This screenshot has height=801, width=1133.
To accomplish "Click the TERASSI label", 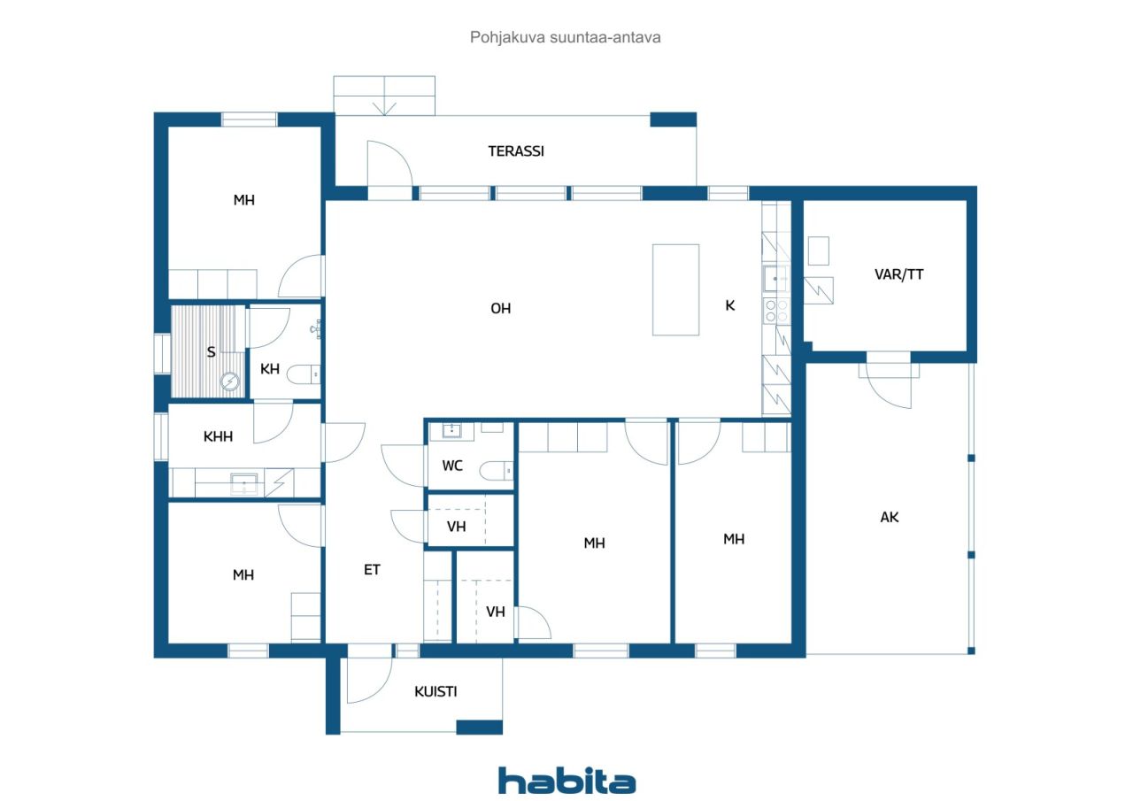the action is pos(516,151).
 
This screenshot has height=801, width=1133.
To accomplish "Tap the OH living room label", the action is pos(501,309).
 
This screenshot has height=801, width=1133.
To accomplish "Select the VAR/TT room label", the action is pos(898,274).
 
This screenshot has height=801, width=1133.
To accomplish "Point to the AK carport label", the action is pos(890,517).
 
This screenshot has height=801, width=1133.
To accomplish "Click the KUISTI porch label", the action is pos(435,691).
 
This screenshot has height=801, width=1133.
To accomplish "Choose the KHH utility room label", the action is pos(218,436).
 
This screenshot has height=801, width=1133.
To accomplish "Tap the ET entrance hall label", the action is pos(372,570).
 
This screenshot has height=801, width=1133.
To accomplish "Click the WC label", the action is pos(452,466).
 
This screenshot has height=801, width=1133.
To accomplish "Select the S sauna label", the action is pos(211,352).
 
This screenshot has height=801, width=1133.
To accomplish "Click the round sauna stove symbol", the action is pos(230,381).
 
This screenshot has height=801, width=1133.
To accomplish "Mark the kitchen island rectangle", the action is pos(675,289).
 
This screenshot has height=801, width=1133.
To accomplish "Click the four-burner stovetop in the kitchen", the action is pos(776,311).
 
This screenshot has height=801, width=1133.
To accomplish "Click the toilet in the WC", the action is pos(496,471).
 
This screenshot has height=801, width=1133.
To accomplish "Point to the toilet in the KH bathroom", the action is pos(303,374).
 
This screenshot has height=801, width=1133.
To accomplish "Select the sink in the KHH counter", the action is pos(243,484).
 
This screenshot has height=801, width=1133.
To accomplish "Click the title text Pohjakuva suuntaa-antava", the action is pos(565,37).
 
